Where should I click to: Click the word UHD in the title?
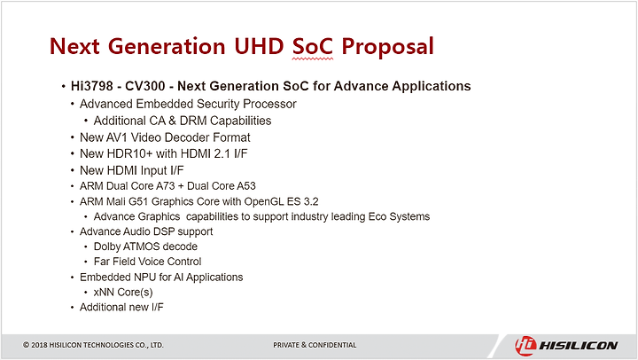tap(259, 46)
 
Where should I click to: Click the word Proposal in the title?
tap(387, 47)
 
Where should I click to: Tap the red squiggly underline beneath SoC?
tap(313, 59)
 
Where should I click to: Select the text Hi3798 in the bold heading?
tap(92, 86)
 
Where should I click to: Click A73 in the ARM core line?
tap(165, 185)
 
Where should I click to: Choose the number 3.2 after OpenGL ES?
tap(310, 201)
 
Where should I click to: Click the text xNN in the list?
tap(104, 292)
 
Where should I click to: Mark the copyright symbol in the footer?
tap(26, 345)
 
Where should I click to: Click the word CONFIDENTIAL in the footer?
tap(332, 345)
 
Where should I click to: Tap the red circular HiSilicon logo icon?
tap(525, 346)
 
